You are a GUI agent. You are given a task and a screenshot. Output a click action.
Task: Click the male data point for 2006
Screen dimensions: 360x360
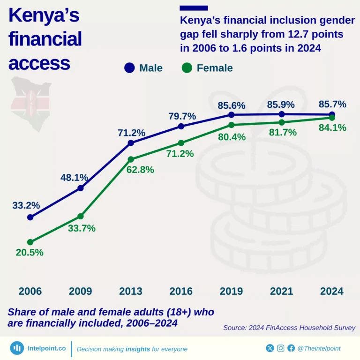point(30,217)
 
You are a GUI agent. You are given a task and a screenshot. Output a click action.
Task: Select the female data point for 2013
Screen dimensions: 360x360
point(131,159)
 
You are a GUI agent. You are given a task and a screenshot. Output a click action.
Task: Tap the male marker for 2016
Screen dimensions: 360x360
point(181,126)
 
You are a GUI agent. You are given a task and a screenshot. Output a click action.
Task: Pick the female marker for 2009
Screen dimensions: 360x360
point(81,216)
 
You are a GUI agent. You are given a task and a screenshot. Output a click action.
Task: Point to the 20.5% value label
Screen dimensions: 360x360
point(29,252)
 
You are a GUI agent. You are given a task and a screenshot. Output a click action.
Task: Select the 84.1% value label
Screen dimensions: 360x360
point(332,127)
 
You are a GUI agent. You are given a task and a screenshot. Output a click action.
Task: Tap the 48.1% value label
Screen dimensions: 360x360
point(74,178)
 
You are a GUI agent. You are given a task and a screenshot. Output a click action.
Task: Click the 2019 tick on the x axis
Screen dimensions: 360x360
point(231,291)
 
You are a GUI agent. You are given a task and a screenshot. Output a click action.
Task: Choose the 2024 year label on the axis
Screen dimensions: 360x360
point(332,291)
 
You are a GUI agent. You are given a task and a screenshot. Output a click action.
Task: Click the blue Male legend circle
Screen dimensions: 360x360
point(129,68)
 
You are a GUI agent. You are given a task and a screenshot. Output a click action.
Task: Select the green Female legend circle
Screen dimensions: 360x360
point(187,68)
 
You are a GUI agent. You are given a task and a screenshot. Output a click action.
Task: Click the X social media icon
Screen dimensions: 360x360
point(270,348)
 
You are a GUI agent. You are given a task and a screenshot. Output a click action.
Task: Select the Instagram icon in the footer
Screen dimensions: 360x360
point(281,348)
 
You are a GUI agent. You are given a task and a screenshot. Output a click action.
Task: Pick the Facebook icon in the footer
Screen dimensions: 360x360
point(291,348)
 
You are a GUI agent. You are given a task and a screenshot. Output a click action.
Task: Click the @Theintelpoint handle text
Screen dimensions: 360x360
point(319,348)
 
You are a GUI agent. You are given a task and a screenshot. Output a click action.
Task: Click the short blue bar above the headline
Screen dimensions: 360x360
point(194,8)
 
